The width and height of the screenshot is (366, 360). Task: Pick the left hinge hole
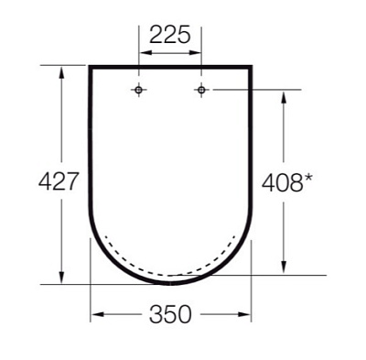[138, 89]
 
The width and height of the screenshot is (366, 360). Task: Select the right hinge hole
[201, 89]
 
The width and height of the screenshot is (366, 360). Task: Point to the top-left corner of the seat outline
[90, 66]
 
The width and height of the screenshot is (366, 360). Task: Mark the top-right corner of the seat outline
[251, 66]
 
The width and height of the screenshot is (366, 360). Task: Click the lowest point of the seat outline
[170, 284]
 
